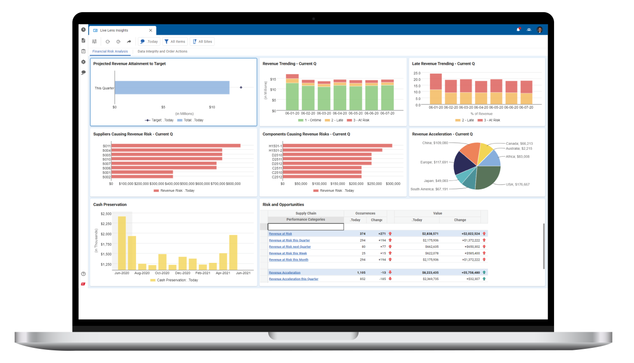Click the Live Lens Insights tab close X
(x=150, y=30)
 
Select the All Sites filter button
(x=202, y=41)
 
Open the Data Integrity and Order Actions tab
(x=162, y=51)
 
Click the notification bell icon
(x=518, y=30)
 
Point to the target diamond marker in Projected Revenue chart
(x=241, y=87)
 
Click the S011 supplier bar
(x=176, y=145)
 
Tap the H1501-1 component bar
(x=337, y=145)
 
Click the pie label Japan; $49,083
(x=436, y=181)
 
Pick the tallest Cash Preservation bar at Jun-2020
(x=122, y=243)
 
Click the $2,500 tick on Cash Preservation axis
(x=106, y=214)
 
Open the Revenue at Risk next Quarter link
(x=290, y=247)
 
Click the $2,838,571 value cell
(x=427, y=234)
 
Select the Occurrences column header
(x=365, y=213)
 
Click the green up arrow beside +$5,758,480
(x=484, y=272)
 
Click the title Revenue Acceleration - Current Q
(x=442, y=134)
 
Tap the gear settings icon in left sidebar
(x=83, y=62)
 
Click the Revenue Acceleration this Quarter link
(x=293, y=279)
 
